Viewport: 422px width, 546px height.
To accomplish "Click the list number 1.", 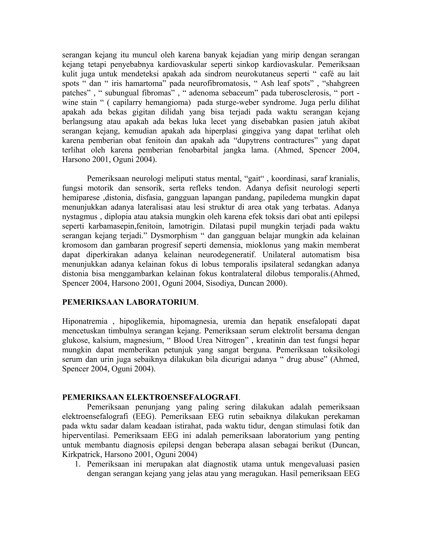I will tap(77, 464).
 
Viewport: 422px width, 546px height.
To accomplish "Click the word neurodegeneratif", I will tap(227, 255).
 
